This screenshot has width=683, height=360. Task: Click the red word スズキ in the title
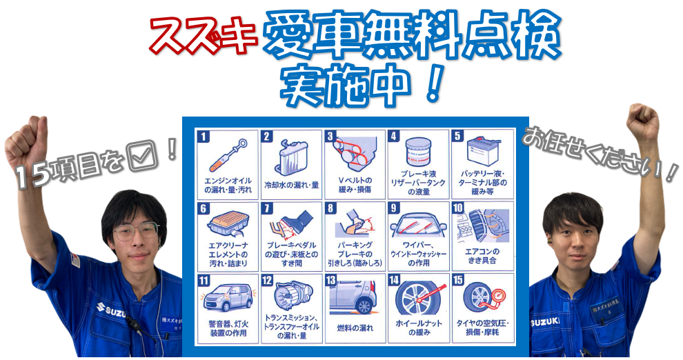tap(204, 34)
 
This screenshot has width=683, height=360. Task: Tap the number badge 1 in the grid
tap(204, 137)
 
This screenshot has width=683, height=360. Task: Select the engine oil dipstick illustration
tap(228, 154)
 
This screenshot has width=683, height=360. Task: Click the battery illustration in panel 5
tap(483, 150)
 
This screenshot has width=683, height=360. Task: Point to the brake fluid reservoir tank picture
tap(417, 152)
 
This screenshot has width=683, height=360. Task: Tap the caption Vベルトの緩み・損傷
tap(355, 185)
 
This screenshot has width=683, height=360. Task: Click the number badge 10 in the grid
tap(458, 208)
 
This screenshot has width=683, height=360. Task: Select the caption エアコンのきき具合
tap(482, 256)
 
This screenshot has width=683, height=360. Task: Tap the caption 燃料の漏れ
tap(355, 328)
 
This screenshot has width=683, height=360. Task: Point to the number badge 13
tap(330, 280)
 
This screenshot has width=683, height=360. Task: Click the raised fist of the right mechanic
tap(642, 121)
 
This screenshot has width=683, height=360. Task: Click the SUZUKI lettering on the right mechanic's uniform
tap(545, 322)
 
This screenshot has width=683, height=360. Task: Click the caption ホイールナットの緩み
tap(419, 328)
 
